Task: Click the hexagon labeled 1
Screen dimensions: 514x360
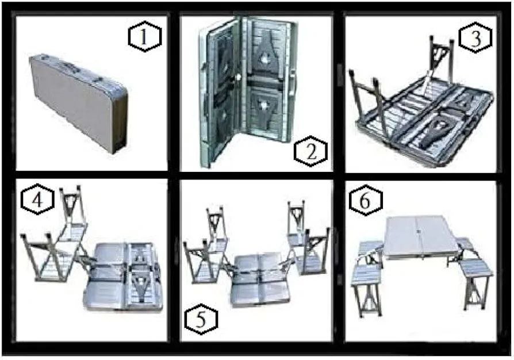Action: pos(144,36)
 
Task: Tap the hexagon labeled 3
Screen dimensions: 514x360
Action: pos(475,37)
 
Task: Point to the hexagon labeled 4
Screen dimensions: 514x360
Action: pos(37,199)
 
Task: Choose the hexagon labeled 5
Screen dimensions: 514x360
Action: pos(201,319)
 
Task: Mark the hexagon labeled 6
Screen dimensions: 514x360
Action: pos(366,200)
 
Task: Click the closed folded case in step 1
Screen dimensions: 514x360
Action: pos(78,103)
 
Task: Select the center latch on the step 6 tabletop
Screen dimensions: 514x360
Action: pos(419,232)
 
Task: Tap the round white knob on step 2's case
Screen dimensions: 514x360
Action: pos(239,78)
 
